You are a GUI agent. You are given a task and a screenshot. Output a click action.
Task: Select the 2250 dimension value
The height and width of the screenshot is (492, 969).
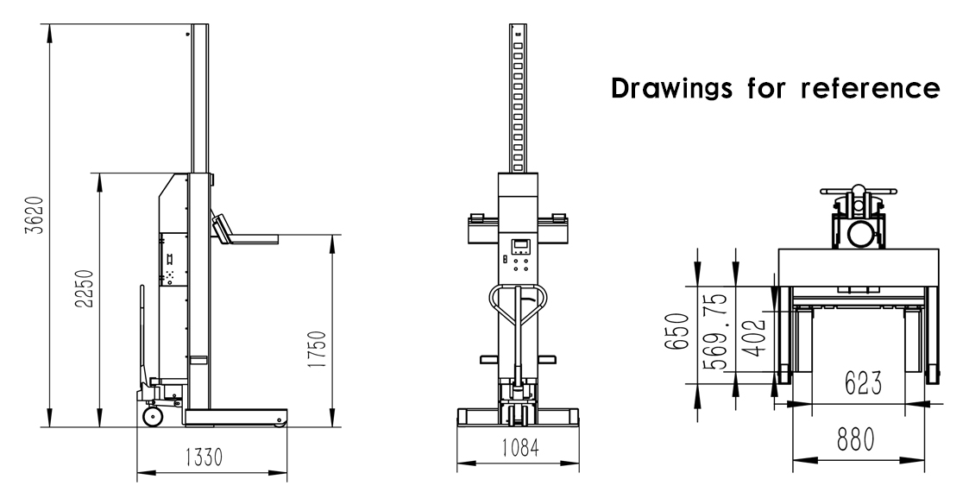point(81,295)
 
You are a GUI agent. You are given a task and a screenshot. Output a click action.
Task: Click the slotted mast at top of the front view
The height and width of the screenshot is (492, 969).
point(517,95)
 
